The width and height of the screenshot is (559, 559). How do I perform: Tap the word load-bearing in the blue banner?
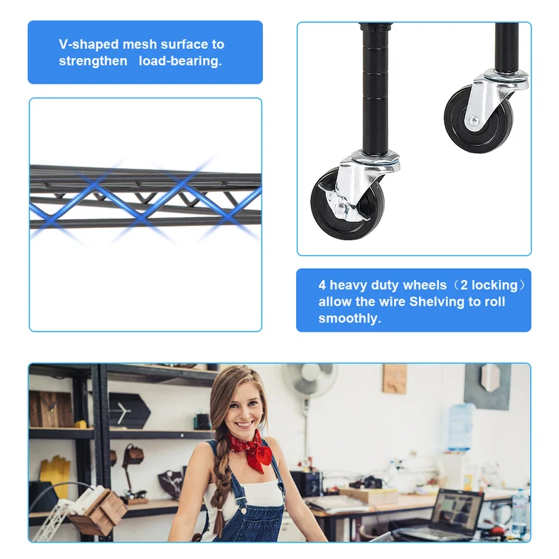180,61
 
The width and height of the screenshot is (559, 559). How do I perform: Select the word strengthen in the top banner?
93,61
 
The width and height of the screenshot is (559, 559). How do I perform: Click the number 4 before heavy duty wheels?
322,285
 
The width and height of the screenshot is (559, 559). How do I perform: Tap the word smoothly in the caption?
349,318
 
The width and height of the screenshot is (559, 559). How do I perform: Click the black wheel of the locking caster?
347,204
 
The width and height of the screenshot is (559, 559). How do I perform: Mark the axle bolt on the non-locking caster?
473,121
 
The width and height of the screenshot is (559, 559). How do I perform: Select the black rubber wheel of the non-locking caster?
478,120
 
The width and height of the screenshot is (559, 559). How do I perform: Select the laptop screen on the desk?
457,509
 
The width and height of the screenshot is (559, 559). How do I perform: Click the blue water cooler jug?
460,426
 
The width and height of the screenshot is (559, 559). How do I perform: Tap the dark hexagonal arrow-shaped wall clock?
128,411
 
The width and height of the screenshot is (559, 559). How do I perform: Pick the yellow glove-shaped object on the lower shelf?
55,475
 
